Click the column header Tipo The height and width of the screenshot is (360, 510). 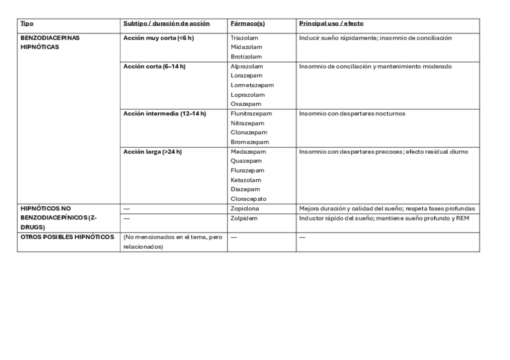click(26, 23)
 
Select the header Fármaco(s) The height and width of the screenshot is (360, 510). click(247, 23)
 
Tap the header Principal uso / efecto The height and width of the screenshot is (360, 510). click(331, 23)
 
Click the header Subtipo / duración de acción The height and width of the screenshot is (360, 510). click(166, 23)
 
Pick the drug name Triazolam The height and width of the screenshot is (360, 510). click(243, 38)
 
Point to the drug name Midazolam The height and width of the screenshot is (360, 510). click(244, 47)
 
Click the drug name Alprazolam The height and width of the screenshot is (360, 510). click(247, 67)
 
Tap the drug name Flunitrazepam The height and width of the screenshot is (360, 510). click(251, 114)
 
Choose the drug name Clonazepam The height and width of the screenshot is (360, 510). click(248, 132)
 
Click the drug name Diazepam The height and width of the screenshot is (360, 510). click(245, 189)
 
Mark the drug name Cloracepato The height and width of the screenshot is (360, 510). click(248, 199)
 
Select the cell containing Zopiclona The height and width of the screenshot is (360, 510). click(245, 209)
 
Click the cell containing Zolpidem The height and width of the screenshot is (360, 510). click(244, 218)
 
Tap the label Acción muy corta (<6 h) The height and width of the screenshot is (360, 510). click(158, 38)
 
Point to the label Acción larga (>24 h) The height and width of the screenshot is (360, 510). click(152, 151)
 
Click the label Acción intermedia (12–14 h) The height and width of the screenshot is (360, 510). click(164, 114)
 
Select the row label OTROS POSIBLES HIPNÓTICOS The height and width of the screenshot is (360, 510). click(67, 237)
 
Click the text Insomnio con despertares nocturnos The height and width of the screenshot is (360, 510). click(352, 114)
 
